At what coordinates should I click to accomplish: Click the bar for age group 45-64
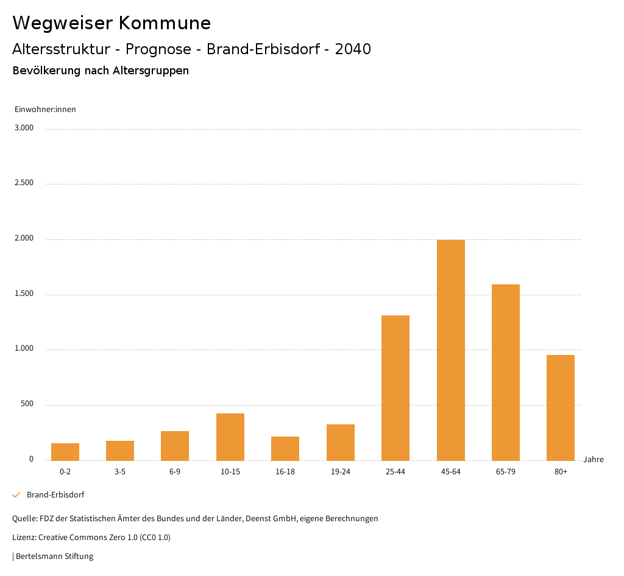[450, 350]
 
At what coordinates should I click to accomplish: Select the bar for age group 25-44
[395, 388]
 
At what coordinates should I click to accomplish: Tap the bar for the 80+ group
[561, 407]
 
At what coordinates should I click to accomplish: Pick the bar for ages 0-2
[65, 452]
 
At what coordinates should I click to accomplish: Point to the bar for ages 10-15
[230, 437]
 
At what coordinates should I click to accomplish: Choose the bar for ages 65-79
[506, 372]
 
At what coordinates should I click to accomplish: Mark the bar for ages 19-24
[341, 442]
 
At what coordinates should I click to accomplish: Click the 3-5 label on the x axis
[120, 472]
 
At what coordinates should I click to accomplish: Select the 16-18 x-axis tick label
[285, 472]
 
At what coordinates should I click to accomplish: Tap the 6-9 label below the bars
[175, 472]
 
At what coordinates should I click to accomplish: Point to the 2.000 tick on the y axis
[24, 239]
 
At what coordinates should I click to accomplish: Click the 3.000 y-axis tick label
[24, 128]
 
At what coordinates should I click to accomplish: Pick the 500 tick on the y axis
[27, 404]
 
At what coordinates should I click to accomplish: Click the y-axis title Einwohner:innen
[45, 110]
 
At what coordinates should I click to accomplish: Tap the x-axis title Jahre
[594, 460]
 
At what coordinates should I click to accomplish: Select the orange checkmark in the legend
[16, 495]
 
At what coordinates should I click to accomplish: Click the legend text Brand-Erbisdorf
[55, 495]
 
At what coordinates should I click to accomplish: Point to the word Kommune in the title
[165, 23]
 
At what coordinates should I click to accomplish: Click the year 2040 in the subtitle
[353, 49]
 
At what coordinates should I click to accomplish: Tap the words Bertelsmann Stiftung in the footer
[54, 556]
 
